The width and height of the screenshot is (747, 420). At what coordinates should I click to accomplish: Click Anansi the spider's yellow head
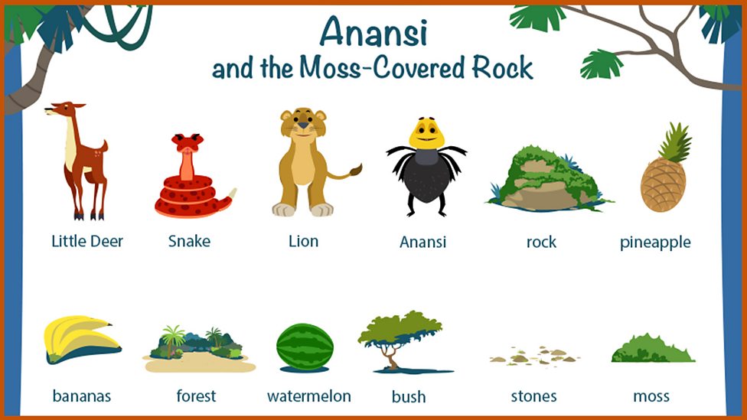[426, 134]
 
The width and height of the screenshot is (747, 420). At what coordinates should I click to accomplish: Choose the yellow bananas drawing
[80, 339]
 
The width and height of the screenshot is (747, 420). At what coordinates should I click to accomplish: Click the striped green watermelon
[305, 347]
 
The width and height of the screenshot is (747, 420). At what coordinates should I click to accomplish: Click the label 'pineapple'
[655, 243]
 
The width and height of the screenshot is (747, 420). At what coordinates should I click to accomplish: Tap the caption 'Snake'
[189, 241]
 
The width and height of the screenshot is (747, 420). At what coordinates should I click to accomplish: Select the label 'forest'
[196, 396]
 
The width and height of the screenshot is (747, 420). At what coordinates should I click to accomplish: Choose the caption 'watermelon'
[309, 396]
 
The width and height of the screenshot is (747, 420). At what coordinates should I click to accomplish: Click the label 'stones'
[533, 396]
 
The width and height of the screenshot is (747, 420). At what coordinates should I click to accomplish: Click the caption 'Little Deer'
[87, 241]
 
